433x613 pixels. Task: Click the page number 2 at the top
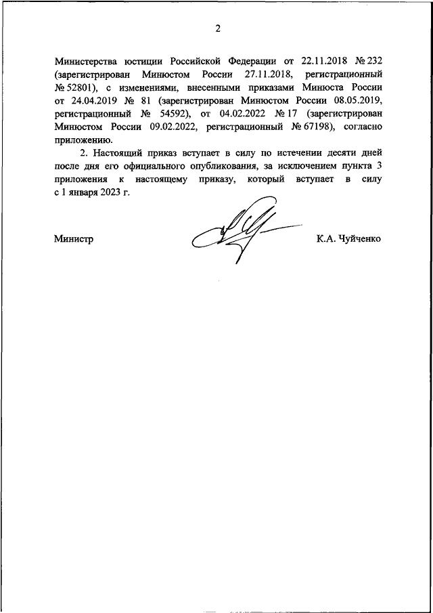(x=217, y=28)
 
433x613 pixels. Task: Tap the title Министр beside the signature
(x=73, y=239)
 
